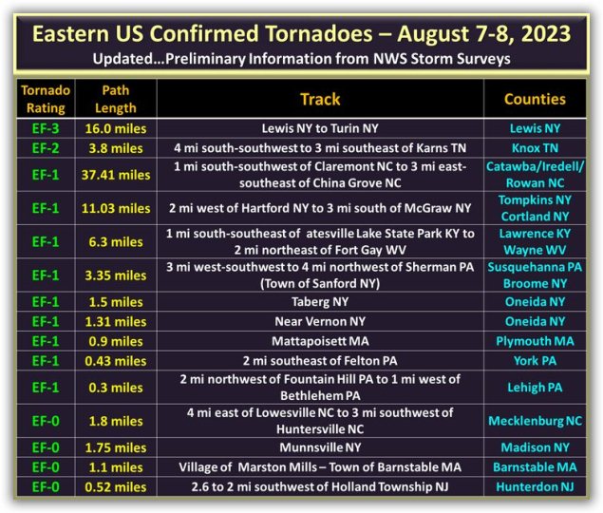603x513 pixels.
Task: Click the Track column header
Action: click(x=320, y=100)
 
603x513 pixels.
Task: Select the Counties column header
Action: click(x=535, y=100)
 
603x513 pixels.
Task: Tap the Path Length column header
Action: click(x=116, y=99)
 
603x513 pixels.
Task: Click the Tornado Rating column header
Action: click(x=46, y=99)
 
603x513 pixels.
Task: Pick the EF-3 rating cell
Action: click(x=46, y=128)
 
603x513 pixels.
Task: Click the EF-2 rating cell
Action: click(x=46, y=148)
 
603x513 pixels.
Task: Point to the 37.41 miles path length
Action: click(x=116, y=175)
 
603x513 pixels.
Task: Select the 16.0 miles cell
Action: click(x=116, y=128)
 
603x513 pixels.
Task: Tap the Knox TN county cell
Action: click(x=535, y=148)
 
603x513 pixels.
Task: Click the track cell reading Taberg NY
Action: click(x=320, y=302)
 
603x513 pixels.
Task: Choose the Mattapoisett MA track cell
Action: click(x=320, y=341)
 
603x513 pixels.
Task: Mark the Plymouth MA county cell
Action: click(x=535, y=341)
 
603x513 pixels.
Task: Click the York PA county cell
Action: click(x=535, y=361)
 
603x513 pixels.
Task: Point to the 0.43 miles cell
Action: click(x=116, y=361)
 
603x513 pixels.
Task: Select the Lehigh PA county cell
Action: click(x=535, y=388)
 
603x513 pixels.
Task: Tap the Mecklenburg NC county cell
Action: click(x=535, y=421)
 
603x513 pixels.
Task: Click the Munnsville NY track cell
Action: click(x=320, y=447)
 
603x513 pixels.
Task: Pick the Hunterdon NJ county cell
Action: click(x=535, y=486)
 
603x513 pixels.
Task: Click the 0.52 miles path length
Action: click(x=116, y=486)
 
